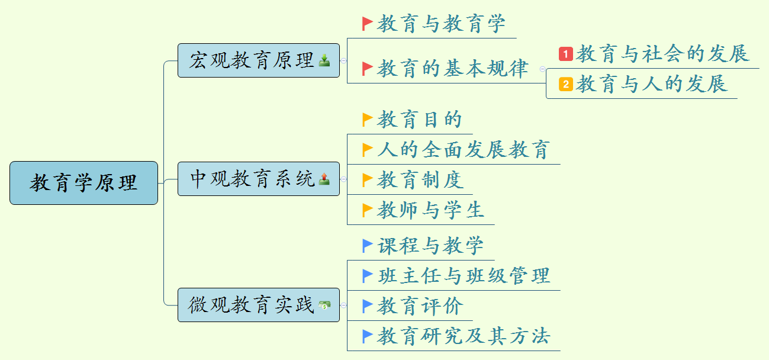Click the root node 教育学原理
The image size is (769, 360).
pyautogui.click(x=83, y=183)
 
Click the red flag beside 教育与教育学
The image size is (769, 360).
pyautogui.click(x=368, y=24)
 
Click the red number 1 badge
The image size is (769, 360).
pyautogui.click(x=565, y=54)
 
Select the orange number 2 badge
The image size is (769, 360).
pyautogui.click(x=565, y=84)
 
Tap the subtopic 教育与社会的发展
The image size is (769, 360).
pyautogui.click(x=662, y=54)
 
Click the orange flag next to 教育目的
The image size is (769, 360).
pyautogui.click(x=368, y=120)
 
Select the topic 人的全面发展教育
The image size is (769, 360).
pyautogui.click(x=464, y=150)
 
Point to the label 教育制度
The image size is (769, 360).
pyautogui.click(x=420, y=180)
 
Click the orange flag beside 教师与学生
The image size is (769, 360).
pyautogui.click(x=368, y=210)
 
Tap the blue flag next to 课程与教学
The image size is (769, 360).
pyautogui.click(x=368, y=245)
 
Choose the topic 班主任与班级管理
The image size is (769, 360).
pyautogui.click(x=464, y=275)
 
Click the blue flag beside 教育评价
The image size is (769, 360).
pyautogui.click(x=368, y=306)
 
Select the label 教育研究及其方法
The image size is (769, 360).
pyautogui.click(x=464, y=336)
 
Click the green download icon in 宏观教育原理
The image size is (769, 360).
pyautogui.click(x=324, y=60)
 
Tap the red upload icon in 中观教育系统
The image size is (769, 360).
pyautogui.click(x=324, y=179)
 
